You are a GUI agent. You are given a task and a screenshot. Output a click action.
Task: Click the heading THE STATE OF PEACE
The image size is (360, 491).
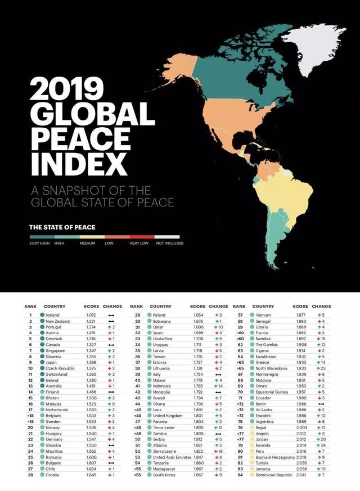coord(62,227)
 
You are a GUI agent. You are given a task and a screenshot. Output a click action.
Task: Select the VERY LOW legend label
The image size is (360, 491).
coord(138,243)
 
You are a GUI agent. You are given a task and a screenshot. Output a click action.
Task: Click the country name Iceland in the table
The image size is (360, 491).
coord(52,315)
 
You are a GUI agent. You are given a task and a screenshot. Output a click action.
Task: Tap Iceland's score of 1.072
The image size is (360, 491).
coord(91,315)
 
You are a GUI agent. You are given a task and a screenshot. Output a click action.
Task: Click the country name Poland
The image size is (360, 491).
coord(159,315)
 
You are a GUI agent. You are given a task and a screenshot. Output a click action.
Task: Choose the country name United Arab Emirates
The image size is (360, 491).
coord(172,456)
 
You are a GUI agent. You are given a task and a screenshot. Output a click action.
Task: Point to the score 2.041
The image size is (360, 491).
coord(301,475)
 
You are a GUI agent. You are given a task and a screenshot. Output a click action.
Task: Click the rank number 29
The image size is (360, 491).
coord(137,315)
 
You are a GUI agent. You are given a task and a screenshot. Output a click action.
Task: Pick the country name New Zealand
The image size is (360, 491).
coord(57,321)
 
